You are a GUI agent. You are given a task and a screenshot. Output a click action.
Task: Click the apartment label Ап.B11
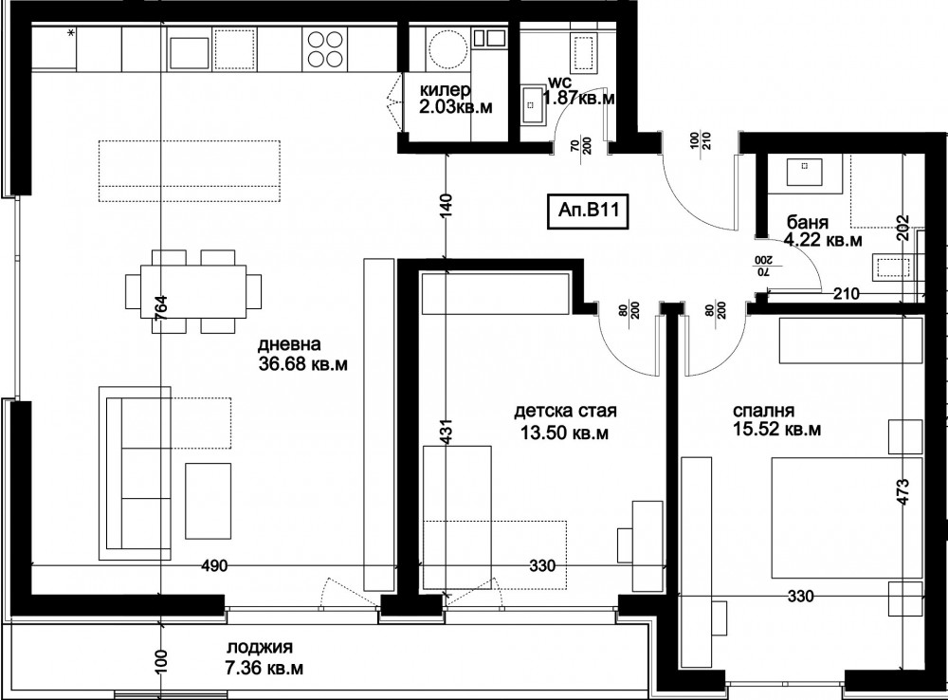(x=584, y=211)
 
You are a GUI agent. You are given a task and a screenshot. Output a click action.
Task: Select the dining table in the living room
(x=193, y=291)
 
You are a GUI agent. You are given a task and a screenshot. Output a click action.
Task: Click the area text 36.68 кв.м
(x=302, y=365)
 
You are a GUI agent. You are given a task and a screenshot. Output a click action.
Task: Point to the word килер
(x=447, y=91)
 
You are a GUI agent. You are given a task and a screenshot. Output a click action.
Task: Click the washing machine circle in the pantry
(x=447, y=49)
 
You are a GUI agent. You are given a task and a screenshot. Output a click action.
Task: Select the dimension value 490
(x=214, y=565)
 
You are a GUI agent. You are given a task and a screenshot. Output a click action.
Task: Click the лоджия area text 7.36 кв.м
(x=264, y=669)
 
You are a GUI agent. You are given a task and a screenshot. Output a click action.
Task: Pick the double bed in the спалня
(x=847, y=518)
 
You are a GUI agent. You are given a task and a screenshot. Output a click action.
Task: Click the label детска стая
(x=565, y=412)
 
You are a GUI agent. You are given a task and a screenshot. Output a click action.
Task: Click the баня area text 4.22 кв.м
(x=823, y=240)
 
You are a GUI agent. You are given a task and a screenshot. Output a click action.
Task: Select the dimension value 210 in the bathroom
(x=847, y=294)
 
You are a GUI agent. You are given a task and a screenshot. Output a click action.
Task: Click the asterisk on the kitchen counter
(x=71, y=34)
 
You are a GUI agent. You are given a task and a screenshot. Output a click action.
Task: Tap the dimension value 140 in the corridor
(x=447, y=207)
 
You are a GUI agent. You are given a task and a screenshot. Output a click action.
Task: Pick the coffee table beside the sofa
(x=209, y=501)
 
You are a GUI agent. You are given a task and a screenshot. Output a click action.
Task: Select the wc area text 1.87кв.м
(x=579, y=98)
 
